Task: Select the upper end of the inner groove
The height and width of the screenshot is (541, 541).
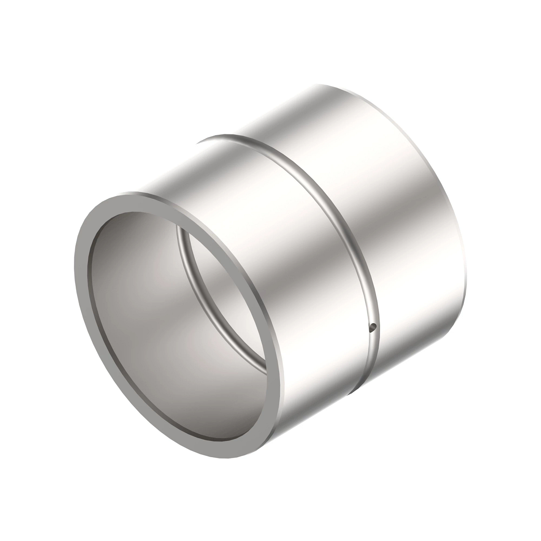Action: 178,228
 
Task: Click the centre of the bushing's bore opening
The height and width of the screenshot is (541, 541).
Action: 180,325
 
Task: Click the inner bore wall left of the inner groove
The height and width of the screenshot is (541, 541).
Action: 140,307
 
